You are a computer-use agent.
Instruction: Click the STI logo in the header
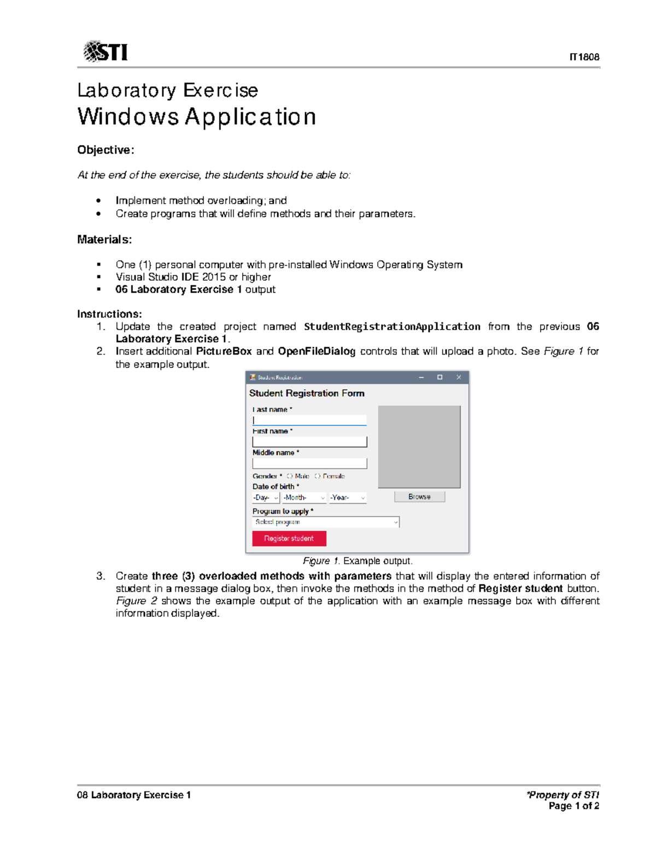pos(106,52)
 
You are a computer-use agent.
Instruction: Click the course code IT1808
pos(584,57)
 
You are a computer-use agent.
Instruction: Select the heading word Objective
pos(104,150)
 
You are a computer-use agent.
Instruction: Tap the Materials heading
pos(104,239)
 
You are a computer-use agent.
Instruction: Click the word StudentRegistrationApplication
pos(392,327)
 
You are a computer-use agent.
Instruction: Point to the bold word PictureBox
pos(224,351)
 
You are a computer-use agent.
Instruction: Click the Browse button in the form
pos(419,496)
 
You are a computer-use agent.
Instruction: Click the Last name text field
pos(309,420)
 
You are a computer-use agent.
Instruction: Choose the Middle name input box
pos(309,463)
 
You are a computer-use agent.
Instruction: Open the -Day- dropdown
pos(266,498)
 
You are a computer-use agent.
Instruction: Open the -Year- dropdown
pos(348,498)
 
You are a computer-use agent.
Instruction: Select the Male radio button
pos(290,476)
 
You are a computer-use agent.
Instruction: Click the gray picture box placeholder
pos(419,447)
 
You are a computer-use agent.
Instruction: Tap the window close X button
pos(459,377)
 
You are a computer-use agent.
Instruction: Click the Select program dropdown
pos(326,522)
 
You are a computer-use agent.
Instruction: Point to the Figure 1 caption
pos(358,561)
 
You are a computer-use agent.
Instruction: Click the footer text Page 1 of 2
pos(573,806)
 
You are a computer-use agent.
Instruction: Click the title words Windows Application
pos(197,117)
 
